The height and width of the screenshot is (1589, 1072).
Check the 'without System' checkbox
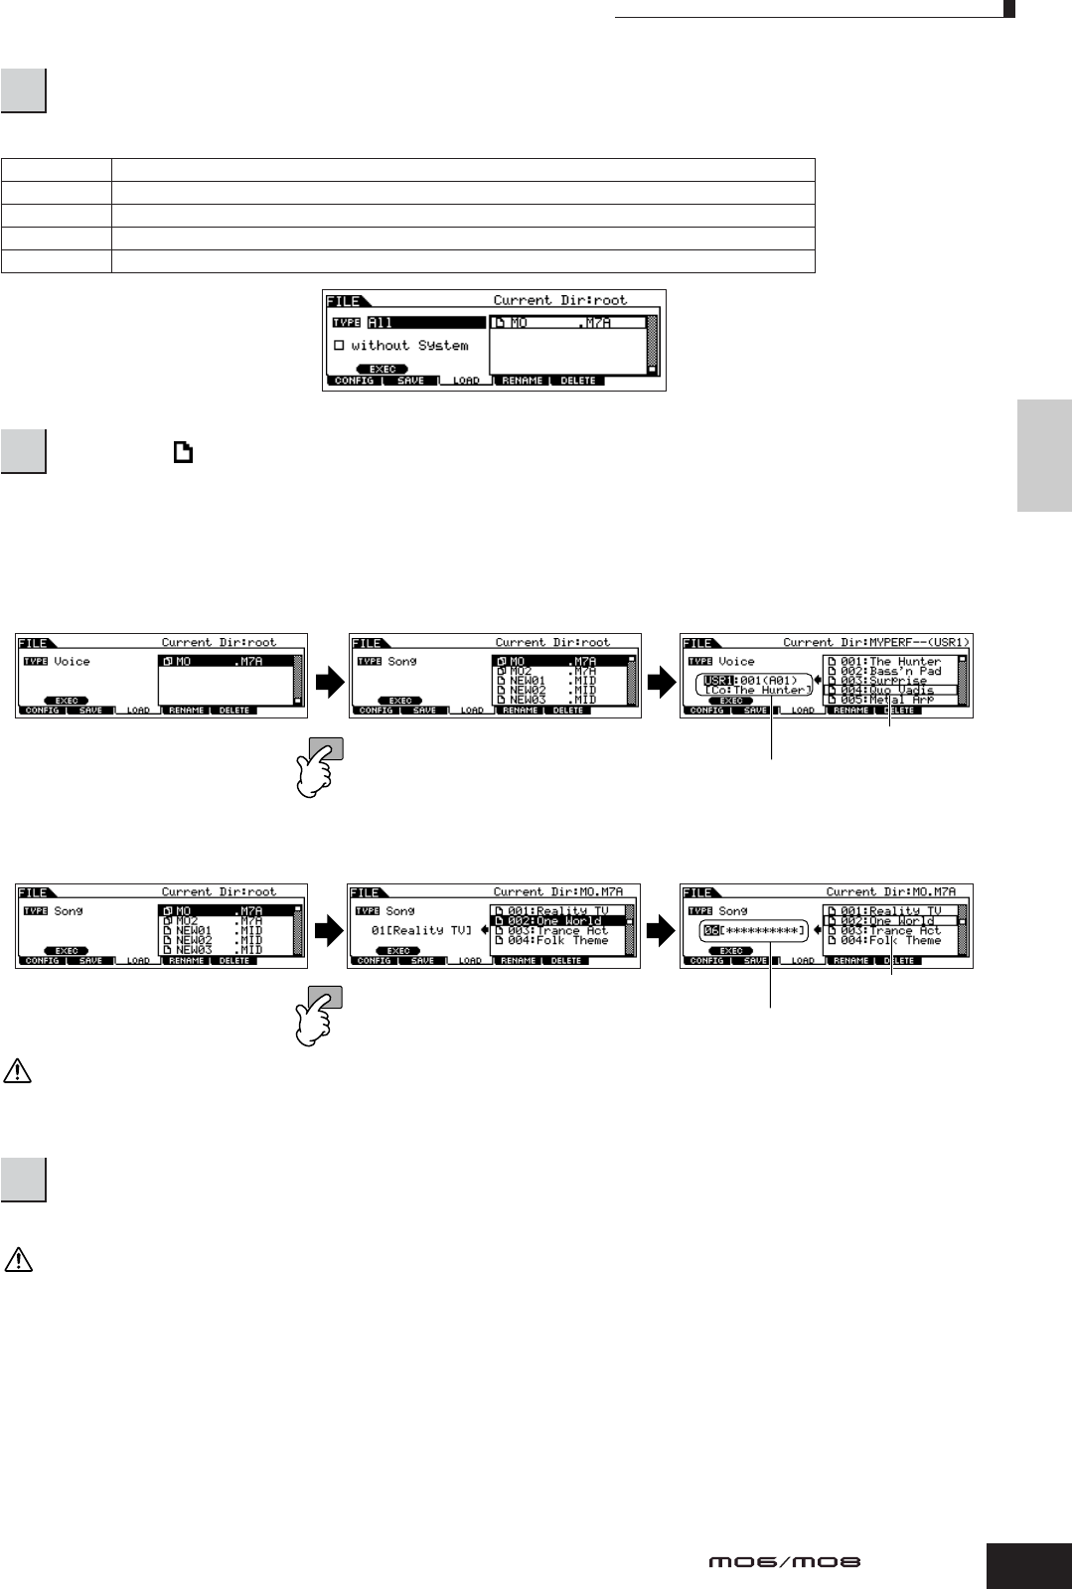click(339, 346)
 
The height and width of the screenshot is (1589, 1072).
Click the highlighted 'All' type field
click(425, 323)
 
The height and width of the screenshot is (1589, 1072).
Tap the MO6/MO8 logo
click(785, 1562)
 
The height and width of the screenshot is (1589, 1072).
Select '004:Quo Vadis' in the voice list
click(889, 690)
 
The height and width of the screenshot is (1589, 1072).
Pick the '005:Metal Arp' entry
click(889, 700)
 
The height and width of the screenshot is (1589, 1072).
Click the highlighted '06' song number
click(712, 930)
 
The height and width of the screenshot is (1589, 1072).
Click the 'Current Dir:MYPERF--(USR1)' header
click(875, 643)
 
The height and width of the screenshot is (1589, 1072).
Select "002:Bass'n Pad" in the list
click(889, 671)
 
